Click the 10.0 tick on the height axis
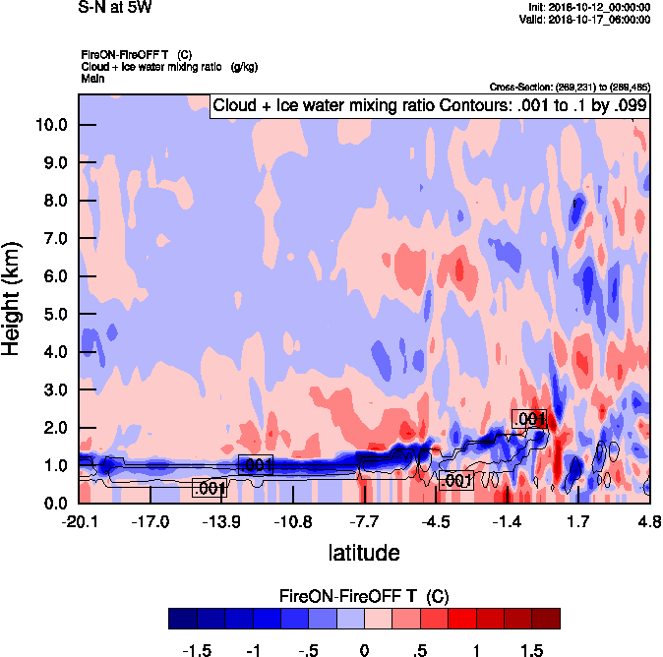point(52,125)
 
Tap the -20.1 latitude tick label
point(79,521)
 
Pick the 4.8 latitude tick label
point(649,521)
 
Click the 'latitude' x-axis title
point(363,553)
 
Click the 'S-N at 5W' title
point(115,7)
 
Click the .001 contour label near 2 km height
point(529,419)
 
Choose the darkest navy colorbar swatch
point(182,618)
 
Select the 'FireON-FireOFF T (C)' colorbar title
point(364,596)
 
